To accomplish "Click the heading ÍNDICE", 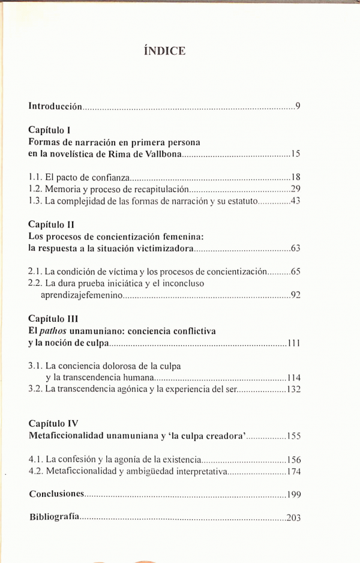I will [x=165, y=51].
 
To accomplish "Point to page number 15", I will [x=295, y=155].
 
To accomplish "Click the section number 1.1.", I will [x=35, y=177].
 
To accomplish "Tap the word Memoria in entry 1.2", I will [x=62, y=189].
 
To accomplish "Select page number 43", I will [x=295, y=200].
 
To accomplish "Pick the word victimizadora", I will [x=164, y=248].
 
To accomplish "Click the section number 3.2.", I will [x=35, y=388].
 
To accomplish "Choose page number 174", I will [x=293, y=471].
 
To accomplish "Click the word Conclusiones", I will [x=56, y=494].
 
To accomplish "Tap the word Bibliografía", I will [x=54, y=517].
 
